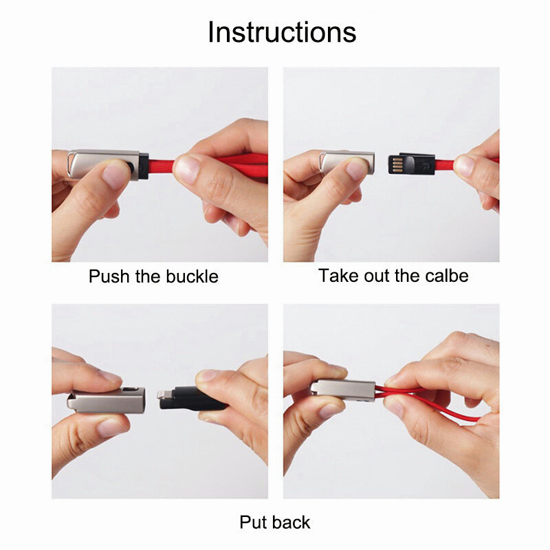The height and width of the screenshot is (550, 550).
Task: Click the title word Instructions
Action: [x=282, y=32]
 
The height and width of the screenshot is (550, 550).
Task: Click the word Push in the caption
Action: [x=109, y=276]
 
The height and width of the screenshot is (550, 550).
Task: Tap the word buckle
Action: [x=192, y=276]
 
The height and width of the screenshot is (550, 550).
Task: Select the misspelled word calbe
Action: [x=446, y=276]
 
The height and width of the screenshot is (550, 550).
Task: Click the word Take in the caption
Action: [x=339, y=276]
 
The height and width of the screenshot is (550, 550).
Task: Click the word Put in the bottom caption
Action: [x=252, y=522]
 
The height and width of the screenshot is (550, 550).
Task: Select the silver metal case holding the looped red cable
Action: [x=343, y=390]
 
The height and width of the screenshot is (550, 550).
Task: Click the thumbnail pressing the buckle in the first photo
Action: [x=115, y=175]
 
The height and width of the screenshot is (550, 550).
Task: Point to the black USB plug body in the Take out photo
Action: [x=411, y=164]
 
